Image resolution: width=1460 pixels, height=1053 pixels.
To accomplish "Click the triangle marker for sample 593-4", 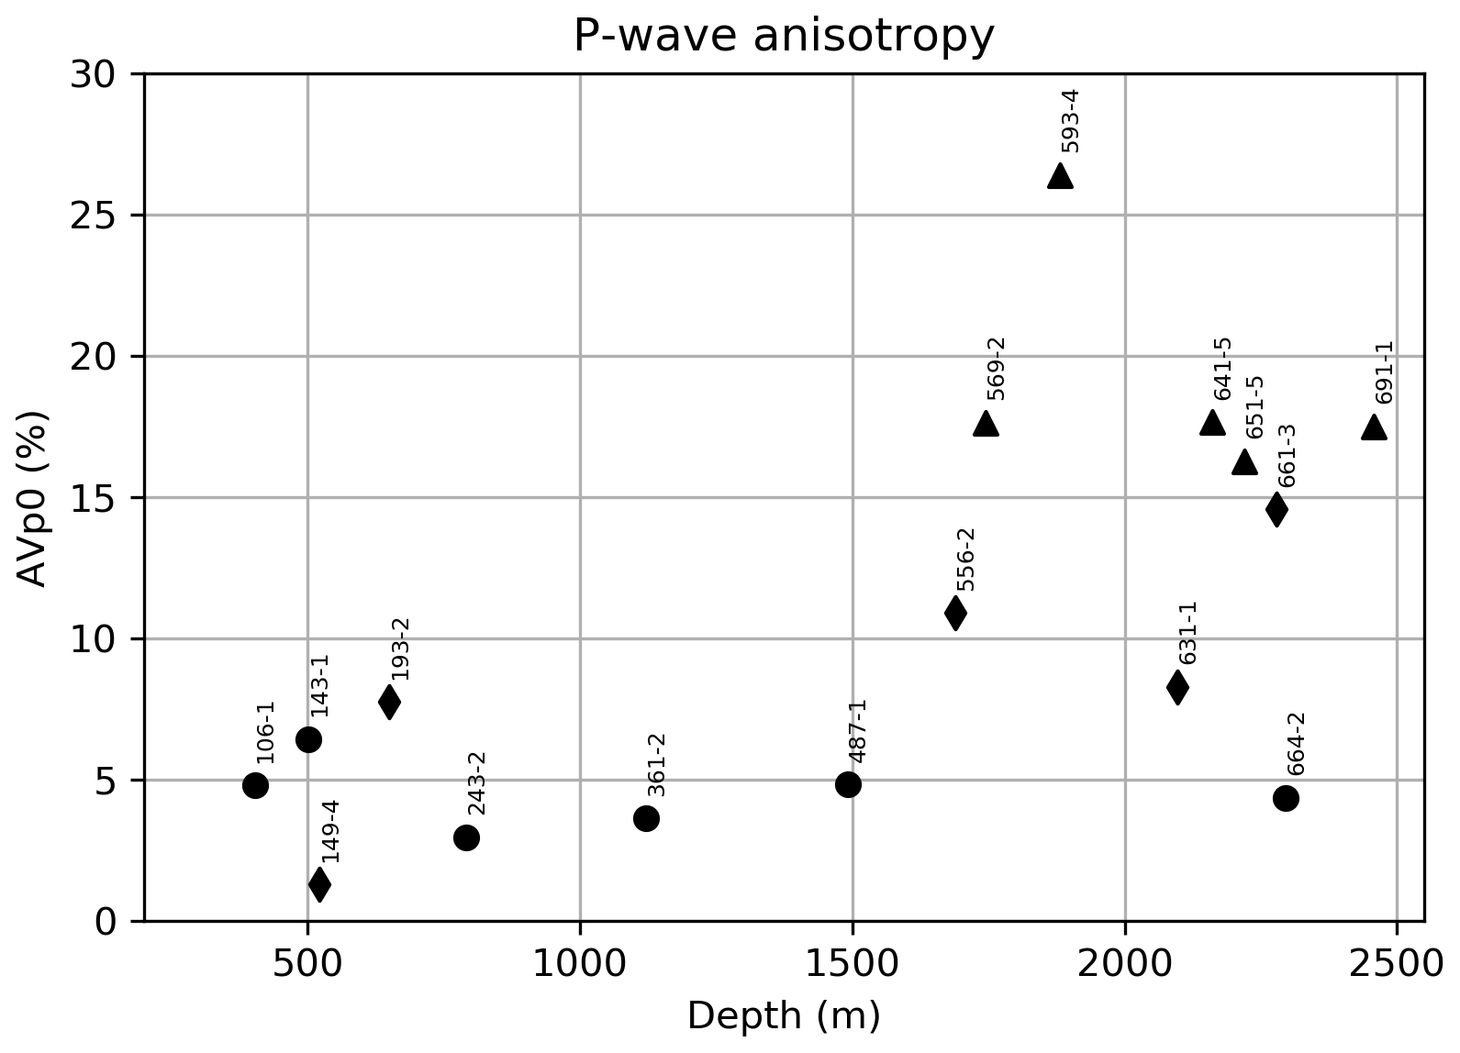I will coord(1060,176).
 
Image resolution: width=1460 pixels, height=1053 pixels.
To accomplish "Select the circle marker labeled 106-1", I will coord(256,785).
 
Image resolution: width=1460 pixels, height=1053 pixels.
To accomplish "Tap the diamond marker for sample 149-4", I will coord(319,884).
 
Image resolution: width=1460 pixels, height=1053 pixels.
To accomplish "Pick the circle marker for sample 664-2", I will coord(1286,798).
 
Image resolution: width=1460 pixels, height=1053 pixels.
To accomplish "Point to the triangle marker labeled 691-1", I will coord(1374,427).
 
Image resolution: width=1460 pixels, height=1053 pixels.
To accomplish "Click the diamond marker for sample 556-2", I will coord(955,613).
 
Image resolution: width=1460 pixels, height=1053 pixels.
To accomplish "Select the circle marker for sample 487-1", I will coord(848,784).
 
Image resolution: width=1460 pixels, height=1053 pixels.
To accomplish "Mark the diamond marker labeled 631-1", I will coord(1177,686).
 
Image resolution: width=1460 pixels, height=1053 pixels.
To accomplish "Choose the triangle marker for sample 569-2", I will coord(986,424).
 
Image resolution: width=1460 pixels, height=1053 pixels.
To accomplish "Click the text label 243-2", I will coord(477,783).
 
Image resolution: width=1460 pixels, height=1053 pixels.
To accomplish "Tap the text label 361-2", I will coord(656,765).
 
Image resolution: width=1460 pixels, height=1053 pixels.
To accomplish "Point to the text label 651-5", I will coord(1254,407).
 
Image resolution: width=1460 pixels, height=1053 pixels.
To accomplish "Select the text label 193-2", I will coord(400,648).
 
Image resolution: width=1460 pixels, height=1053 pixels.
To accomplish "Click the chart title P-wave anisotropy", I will coord(784,37).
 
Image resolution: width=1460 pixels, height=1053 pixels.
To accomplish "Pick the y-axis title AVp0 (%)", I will coord(33,497).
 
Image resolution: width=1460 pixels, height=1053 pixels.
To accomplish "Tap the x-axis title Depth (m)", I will coord(784,1016).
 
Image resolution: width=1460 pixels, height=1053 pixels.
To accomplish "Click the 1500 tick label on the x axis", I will coord(853,966).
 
